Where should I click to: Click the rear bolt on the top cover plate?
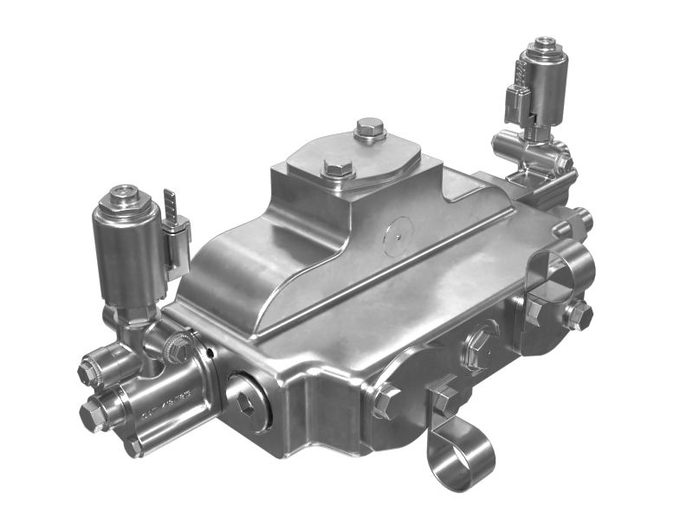[369, 130]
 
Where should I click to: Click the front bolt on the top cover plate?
[337, 168]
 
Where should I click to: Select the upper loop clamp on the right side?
[554, 269]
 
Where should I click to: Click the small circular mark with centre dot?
[398, 231]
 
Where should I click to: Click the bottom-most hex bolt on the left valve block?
[133, 447]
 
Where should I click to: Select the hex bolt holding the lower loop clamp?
[444, 400]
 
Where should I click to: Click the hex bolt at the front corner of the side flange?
[385, 400]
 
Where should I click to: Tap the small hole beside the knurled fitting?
[209, 354]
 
